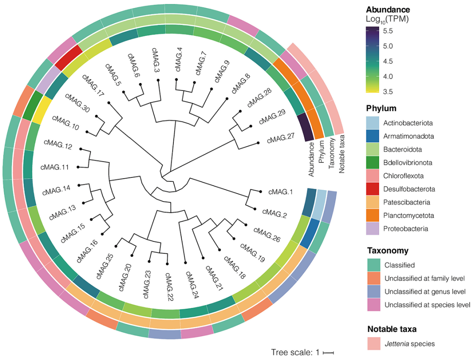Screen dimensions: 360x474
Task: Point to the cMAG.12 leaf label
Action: pyautogui.click(x=58, y=144)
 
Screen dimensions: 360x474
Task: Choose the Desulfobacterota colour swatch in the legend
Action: pyautogui.click(x=374, y=189)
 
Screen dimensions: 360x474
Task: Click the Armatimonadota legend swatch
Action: pyautogui.click(x=374, y=136)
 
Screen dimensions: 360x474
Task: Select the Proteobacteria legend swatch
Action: pyautogui.click(x=374, y=229)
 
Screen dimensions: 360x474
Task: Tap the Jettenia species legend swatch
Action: pyautogui.click(x=374, y=343)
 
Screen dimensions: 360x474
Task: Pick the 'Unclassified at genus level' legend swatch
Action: pyautogui.click(x=374, y=292)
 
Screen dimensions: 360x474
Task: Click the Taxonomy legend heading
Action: pyautogui.click(x=388, y=251)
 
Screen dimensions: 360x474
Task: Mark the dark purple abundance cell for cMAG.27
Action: pyautogui.click(x=305, y=128)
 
